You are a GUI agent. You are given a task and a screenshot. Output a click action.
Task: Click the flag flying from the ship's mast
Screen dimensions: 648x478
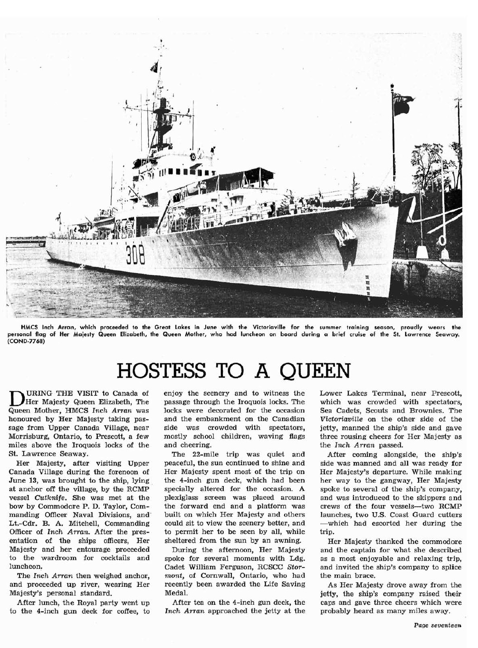[x=153, y=67]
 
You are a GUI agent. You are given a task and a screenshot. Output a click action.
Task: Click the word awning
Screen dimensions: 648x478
[x=286, y=540]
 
